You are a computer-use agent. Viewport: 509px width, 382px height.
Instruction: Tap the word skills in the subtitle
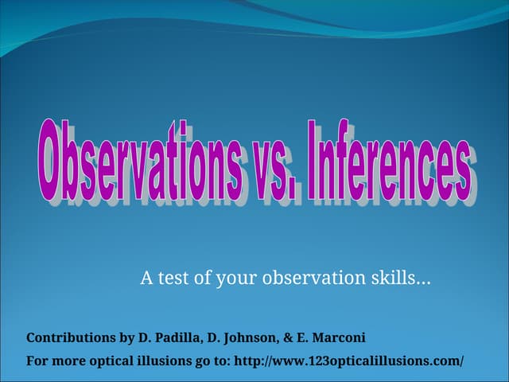click(x=394, y=279)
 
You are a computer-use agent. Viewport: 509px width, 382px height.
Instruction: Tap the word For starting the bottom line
click(x=37, y=361)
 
